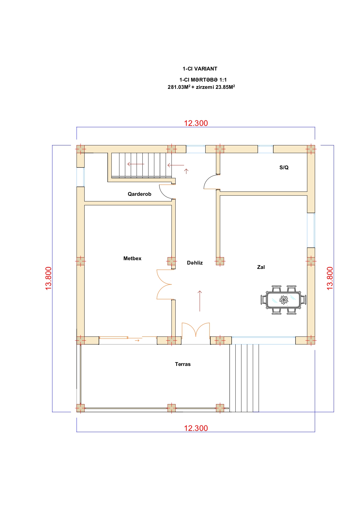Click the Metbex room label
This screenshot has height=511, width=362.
point(132,258)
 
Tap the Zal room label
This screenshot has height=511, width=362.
point(261,267)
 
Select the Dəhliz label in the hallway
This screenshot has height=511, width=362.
point(195,263)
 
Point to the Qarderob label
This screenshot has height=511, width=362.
point(139,194)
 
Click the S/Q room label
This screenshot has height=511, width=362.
point(284,168)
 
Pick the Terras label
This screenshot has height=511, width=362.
point(183,364)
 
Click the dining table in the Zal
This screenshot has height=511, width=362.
point(283,300)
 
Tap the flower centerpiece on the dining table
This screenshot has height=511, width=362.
point(284,300)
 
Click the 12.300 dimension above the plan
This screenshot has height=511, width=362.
point(196,123)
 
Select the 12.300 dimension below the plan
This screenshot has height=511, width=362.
point(196,428)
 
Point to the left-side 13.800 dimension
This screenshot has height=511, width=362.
point(48,278)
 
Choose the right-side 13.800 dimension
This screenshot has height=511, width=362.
point(330,278)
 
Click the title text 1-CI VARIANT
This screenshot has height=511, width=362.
point(200,69)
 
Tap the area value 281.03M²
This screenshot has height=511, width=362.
point(179,87)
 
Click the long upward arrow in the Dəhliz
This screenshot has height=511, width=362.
point(200,301)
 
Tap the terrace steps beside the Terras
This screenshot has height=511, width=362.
point(244,378)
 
